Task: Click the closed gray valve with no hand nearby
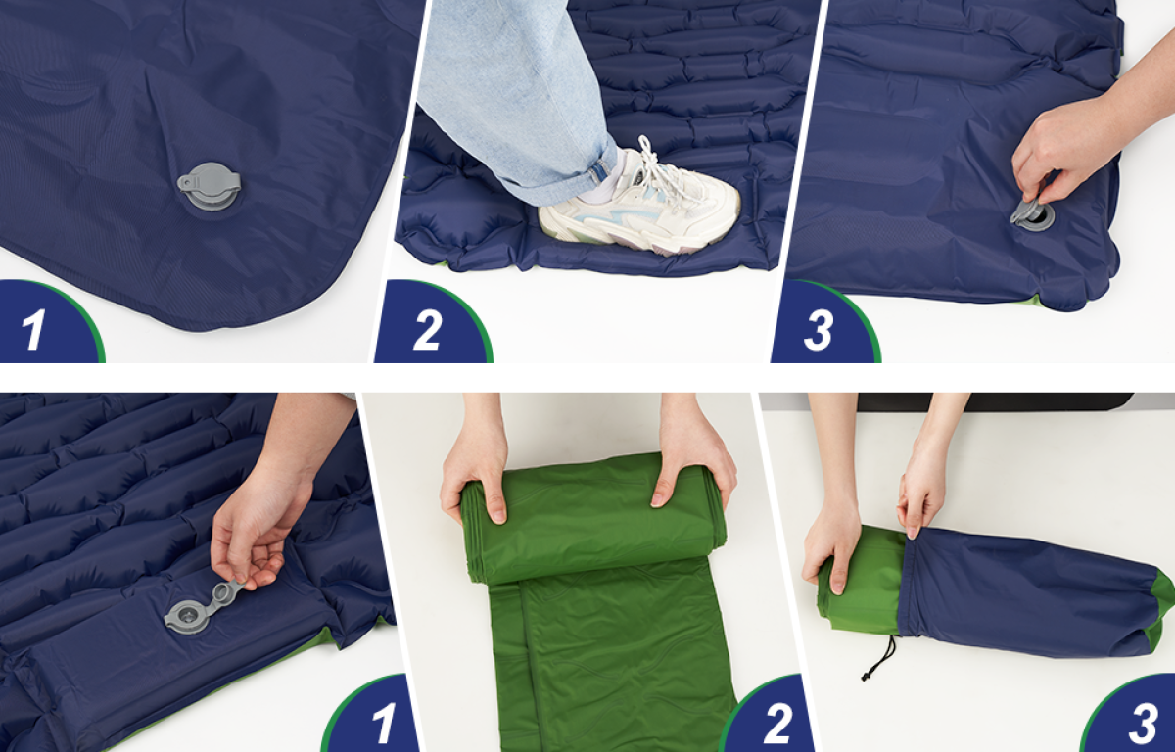pos(210,187)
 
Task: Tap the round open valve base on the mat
pos(187,617)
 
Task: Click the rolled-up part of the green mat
pos(593,518)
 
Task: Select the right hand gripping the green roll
pos(693,462)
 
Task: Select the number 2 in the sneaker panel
pos(428,330)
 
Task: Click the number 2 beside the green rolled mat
pos(776,724)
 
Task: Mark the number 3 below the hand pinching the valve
pos(819,330)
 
